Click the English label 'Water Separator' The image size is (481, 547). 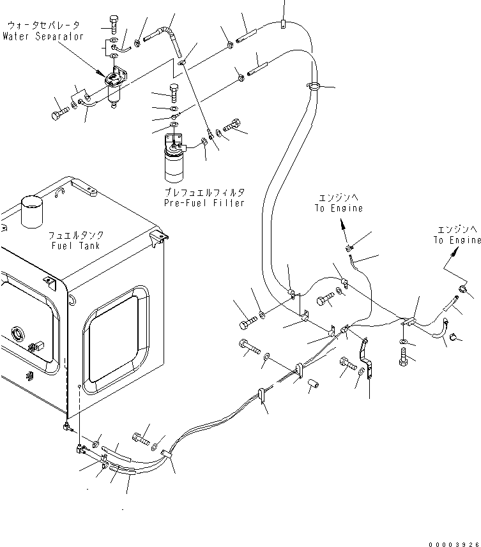tap(43, 36)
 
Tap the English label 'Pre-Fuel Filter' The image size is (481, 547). tap(204, 203)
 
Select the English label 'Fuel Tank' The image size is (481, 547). tap(76, 246)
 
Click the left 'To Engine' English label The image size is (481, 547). tap(339, 208)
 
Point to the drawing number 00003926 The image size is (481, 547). tap(454, 544)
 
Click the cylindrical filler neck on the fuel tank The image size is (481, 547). tap(32, 211)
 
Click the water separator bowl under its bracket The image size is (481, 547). tap(114, 95)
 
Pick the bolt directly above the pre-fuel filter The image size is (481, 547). tap(174, 93)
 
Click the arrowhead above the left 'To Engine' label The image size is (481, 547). tap(344, 223)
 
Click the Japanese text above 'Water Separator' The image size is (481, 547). tap(43, 26)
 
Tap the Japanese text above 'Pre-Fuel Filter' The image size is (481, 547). tap(204, 192)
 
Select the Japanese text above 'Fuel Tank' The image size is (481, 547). tap(76, 235)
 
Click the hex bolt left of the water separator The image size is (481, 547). tap(60, 114)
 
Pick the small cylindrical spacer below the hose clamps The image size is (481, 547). tap(313, 384)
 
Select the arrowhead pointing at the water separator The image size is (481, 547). tap(100, 73)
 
